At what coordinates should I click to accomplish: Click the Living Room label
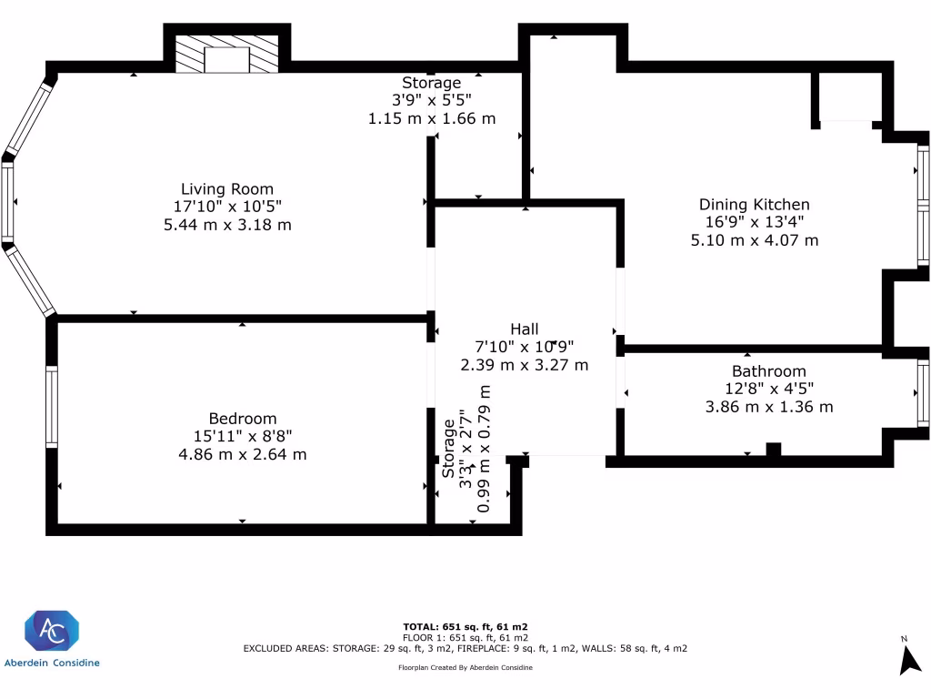coord(226,189)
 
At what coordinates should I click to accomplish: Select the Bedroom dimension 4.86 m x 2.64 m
coord(242,453)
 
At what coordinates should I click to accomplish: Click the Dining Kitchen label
coord(754,205)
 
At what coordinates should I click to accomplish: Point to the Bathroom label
coord(768,371)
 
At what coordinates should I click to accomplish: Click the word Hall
coord(524,329)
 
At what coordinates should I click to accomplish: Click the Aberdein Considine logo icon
coord(52,632)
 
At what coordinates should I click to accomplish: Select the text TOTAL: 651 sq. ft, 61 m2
coord(465,627)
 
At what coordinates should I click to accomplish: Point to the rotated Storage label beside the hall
coord(448,448)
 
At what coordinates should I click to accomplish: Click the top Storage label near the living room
coord(432,84)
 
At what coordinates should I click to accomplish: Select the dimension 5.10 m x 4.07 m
coord(754,240)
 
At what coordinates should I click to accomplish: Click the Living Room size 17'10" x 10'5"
coord(226,207)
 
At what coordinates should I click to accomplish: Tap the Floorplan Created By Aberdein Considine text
coord(465,668)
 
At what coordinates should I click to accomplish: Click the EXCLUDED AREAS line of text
coord(465,649)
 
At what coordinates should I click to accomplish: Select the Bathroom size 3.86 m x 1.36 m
coord(768,407)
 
